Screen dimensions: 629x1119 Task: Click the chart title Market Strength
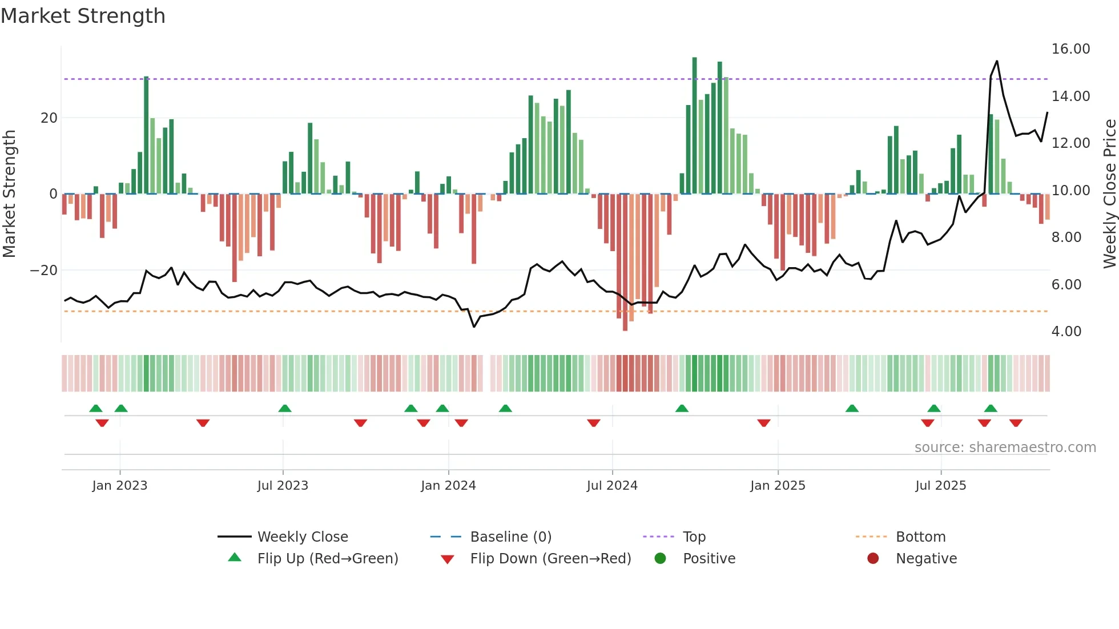pos(83,16)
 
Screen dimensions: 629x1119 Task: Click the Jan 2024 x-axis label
pos(448,486)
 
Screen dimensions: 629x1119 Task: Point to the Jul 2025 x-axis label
pos(940,486)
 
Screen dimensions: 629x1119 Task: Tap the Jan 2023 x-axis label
pos(119,486)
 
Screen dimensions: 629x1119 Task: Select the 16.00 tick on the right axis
pos(1070,49)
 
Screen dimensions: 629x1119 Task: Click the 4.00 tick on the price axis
pos(1066,332)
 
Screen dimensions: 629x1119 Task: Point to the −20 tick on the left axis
pos(44,271)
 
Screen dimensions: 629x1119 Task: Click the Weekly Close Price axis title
pos(1109,194)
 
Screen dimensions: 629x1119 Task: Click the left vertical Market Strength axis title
pos(10,194)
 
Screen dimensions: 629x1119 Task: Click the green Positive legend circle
pos(661,559)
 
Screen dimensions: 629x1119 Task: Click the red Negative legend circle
pos(873,559)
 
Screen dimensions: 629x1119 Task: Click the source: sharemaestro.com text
pos(1005,447)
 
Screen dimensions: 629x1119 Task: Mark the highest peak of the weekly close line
pos(997,61)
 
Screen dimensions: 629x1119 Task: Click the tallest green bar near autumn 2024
pos(695,126)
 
